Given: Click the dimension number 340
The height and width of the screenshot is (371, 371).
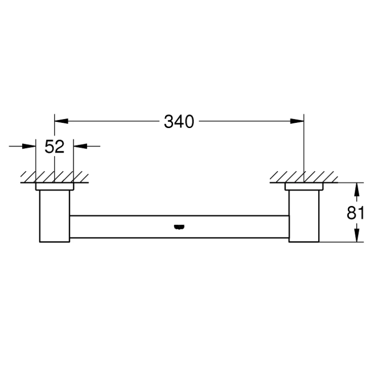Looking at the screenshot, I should tap(179, 122).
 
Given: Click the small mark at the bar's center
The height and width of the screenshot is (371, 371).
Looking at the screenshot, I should tap(179, 227).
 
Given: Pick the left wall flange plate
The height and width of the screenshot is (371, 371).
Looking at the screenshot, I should tap(54, 186).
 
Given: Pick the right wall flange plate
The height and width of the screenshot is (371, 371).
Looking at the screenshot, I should tap(303, 186).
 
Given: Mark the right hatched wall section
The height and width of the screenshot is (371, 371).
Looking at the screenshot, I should tap(303, 177).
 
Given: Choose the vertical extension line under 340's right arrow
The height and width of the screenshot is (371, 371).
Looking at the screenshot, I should tap(303, 148).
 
